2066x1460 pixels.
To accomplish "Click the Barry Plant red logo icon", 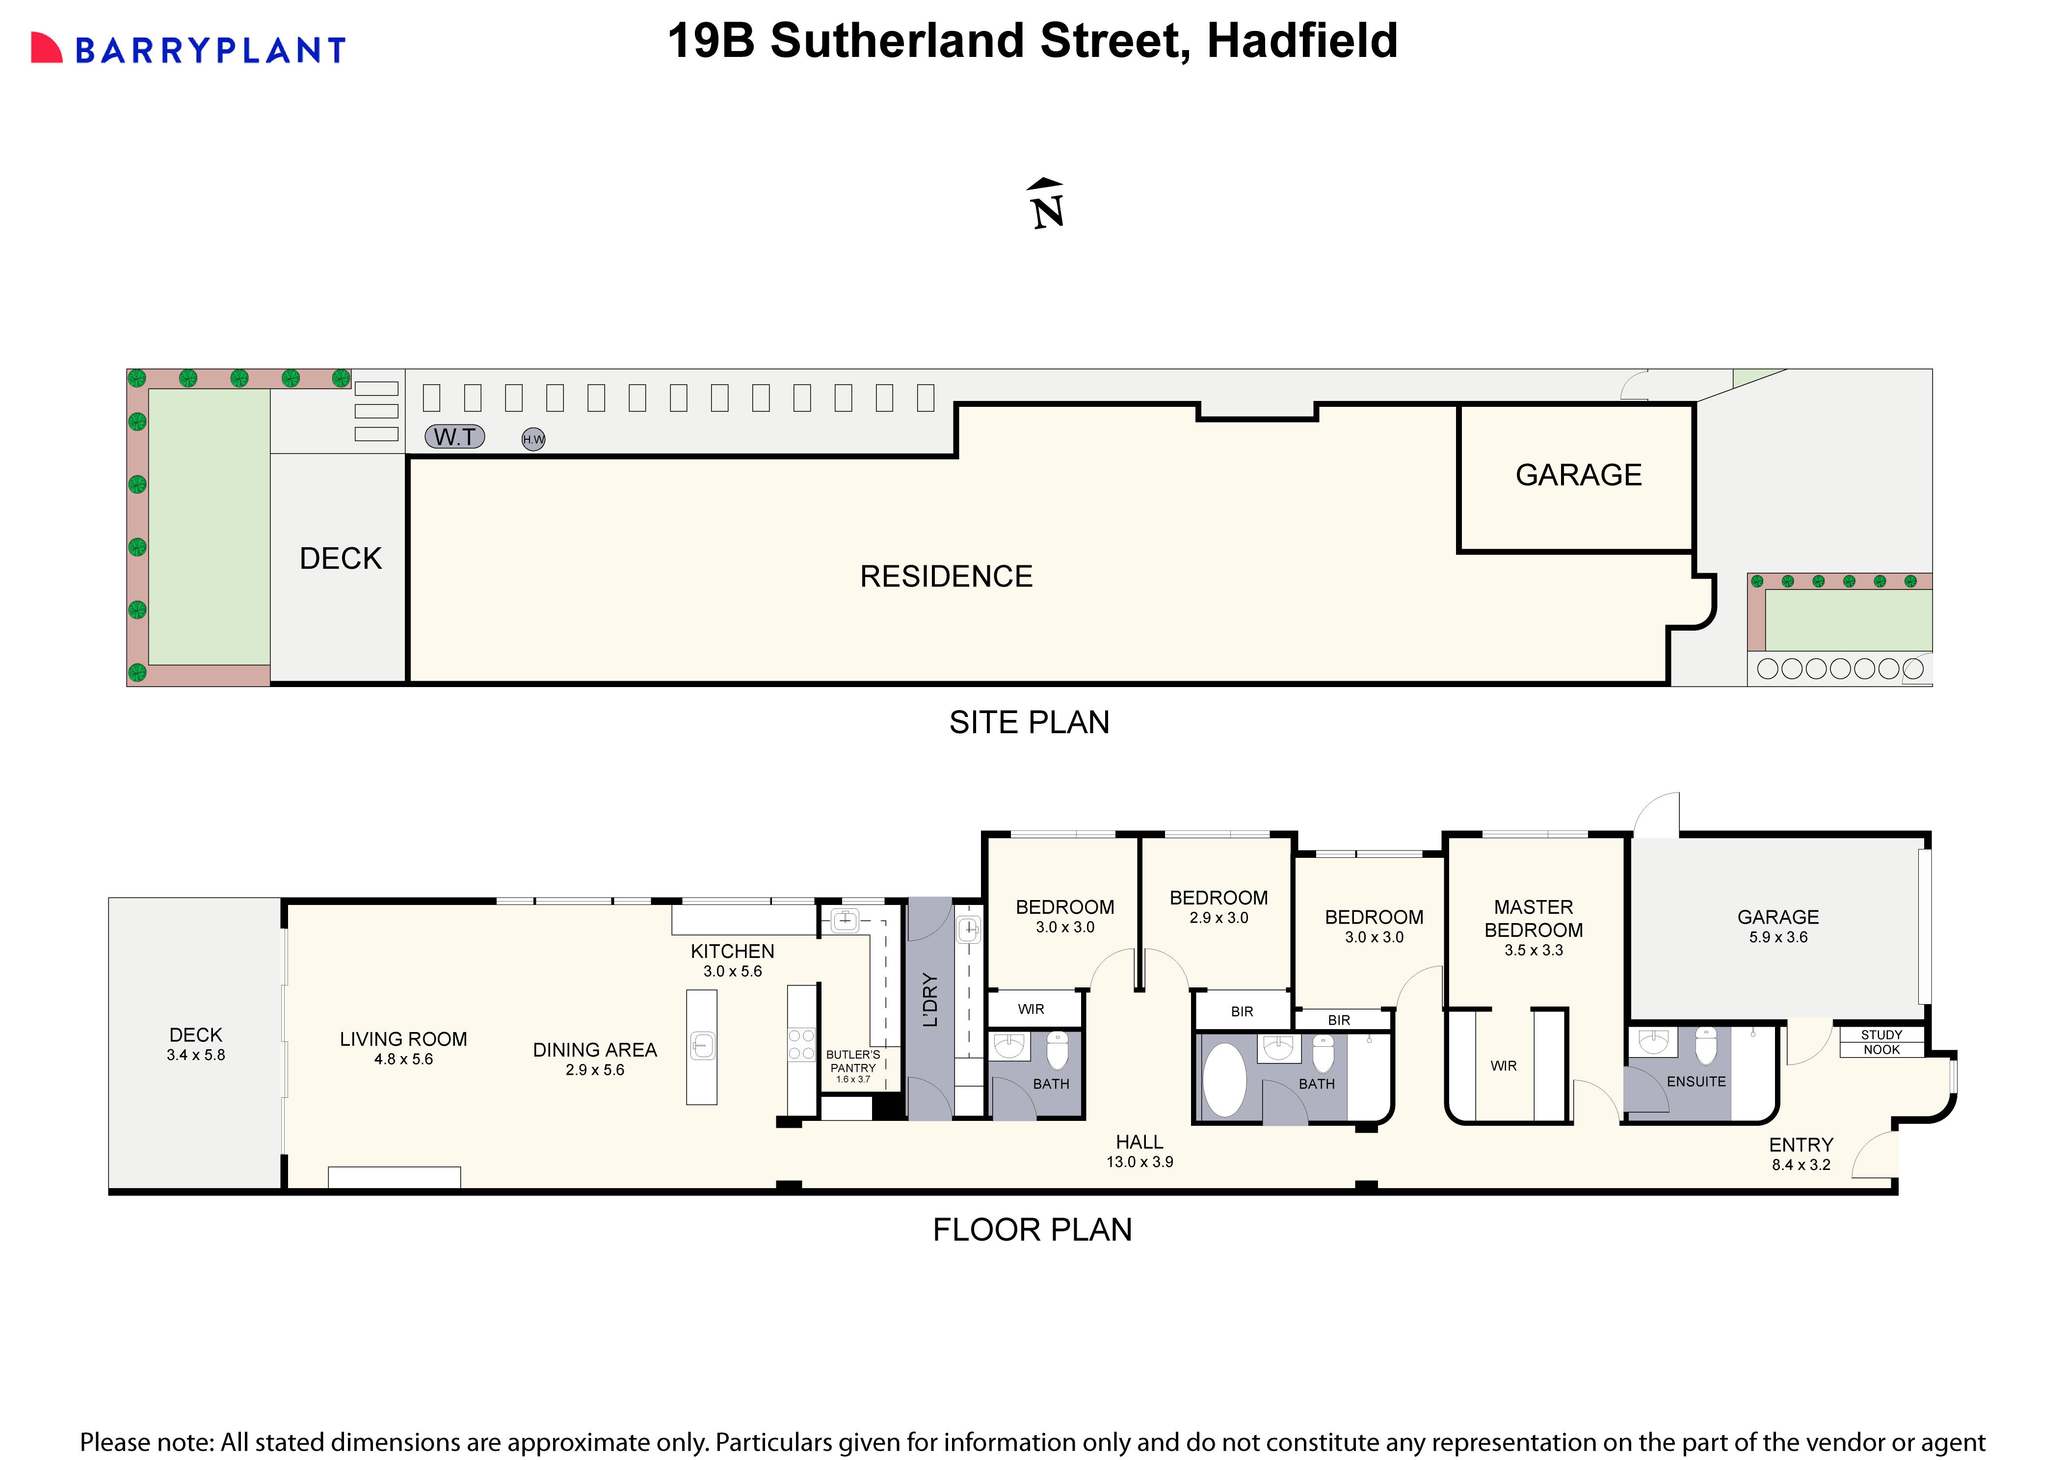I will pyautogui.click(x=47, y=49).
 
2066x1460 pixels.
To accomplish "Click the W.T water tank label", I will pyautogui.click(x=454, y=437).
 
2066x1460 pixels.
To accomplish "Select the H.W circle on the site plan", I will pyautogui.click(x=533, y=439).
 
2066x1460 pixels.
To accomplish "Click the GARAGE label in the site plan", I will pyautogui.click(x=1578, y=475).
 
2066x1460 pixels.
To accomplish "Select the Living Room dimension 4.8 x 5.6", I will pyautogui.click(x=403, y=1060).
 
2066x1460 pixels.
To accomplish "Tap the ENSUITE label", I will pyautogui.click(x=1696, y=1082).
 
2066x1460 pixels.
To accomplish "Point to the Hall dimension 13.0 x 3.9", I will pyautogui.click(x=1139, y=1162).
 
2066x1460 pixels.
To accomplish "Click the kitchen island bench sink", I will pyautogui.click(x=702, y=1046).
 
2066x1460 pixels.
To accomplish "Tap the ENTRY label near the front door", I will pyautogui.click(x=1801, y=1145).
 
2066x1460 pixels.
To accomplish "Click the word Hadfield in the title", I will pyautogui.click(x=1302, y=41).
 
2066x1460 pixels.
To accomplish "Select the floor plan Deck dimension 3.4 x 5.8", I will pyautogui.click(x=195, y=1055).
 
